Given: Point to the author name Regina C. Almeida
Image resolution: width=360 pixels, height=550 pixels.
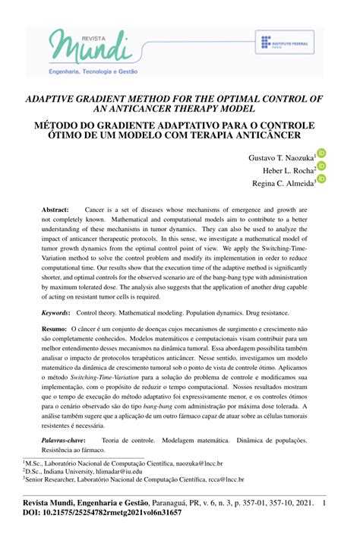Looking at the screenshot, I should click(283, 183).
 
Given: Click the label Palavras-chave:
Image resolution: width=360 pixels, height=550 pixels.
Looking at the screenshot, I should click(63, 439).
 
